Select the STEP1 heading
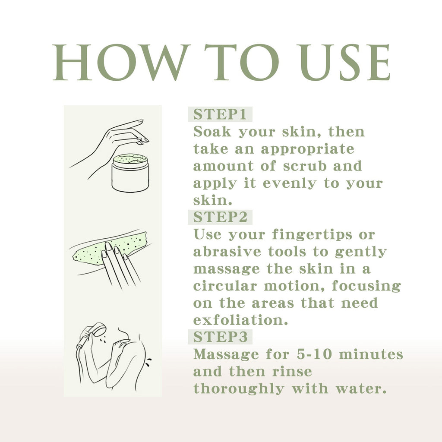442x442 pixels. click(x=220, y=115)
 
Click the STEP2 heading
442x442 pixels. click(x=220, y=217)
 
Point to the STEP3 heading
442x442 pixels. click(x=220, y=337)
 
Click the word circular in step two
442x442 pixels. click(x=221, y=286)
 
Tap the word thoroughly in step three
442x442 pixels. click(x=239, y=389)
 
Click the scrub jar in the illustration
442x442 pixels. click(x=130, y=174)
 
